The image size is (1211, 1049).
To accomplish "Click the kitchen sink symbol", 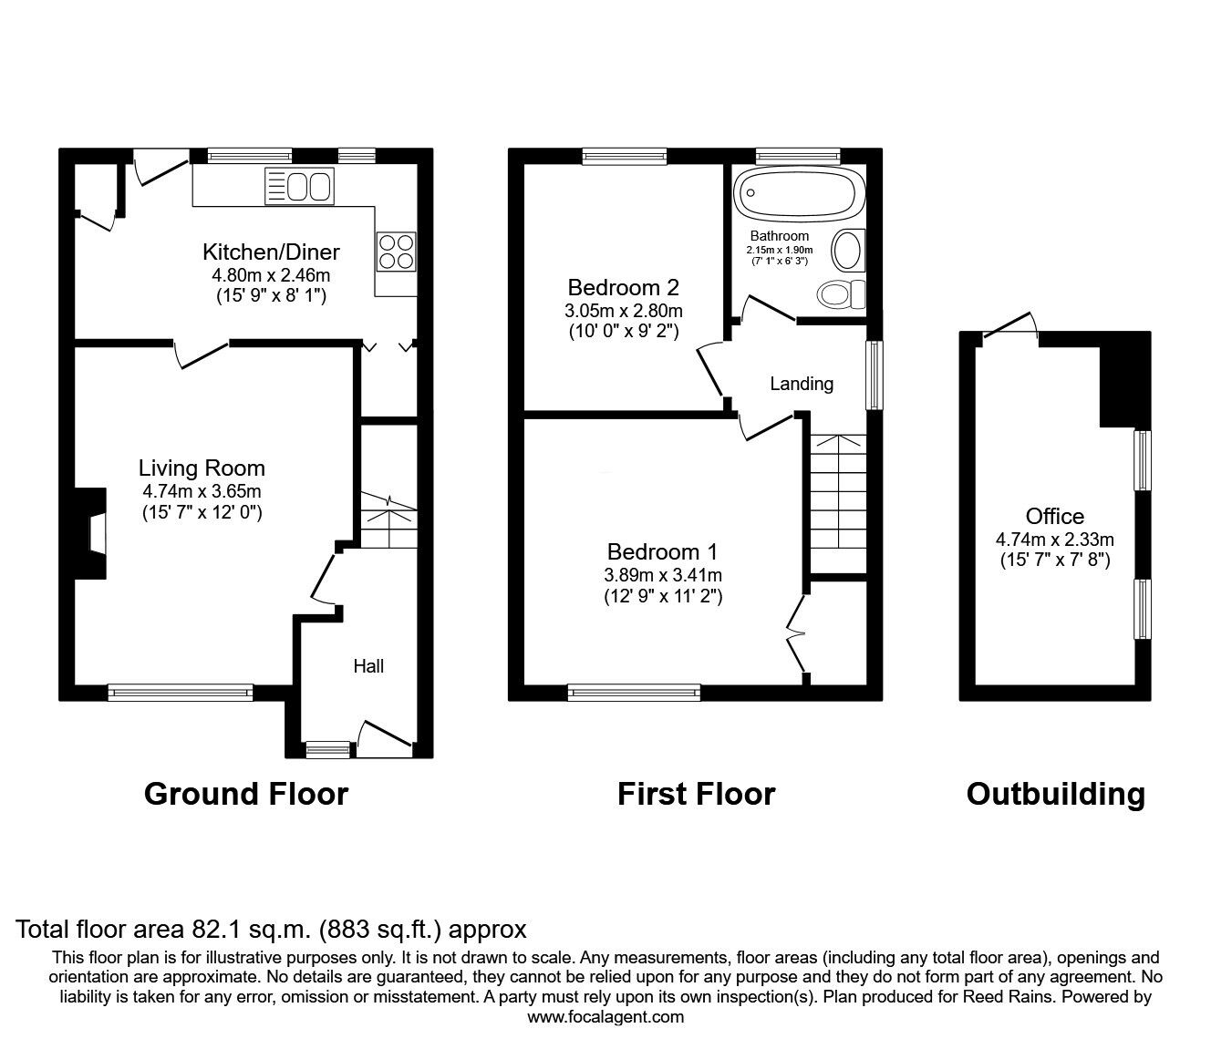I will coord(298,186).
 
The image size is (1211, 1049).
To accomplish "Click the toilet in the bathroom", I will coord(841,293).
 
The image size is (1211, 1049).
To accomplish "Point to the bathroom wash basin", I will coord(849,251).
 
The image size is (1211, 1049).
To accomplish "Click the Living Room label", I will coord(202,468).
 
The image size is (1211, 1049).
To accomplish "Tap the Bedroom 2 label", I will coord(623,288).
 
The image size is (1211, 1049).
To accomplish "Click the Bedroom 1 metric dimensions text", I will coord(662,575).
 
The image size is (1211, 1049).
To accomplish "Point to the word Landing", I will coord(802,384).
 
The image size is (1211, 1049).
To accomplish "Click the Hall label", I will coord(368,666).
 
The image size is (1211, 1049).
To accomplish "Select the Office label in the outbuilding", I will coord(1054,517).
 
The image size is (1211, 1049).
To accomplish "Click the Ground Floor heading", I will coord(246,794).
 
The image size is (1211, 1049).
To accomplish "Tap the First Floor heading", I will coord(696,794).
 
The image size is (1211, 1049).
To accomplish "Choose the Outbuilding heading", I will coord(1055,794).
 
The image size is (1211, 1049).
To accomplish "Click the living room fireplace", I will coord(89,534).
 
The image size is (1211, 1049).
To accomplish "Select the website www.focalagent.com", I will coord(605,1017).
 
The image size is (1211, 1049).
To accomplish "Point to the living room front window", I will coord(180,693).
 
